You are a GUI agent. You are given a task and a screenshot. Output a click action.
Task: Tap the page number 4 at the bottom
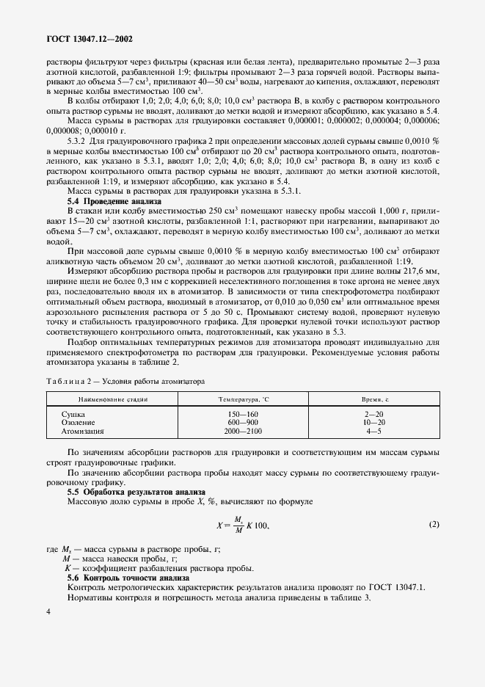coord(48,611)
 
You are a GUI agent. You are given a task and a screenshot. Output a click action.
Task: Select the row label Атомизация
coord(82,432)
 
